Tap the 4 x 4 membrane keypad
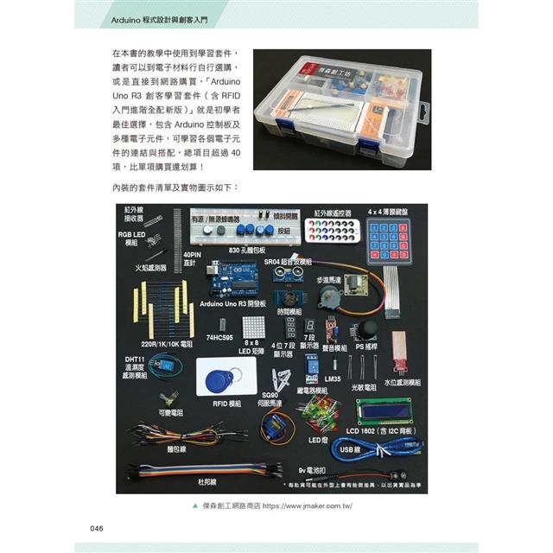[390, 237]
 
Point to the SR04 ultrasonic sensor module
[290, 271]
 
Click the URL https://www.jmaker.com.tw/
[308, 507]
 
